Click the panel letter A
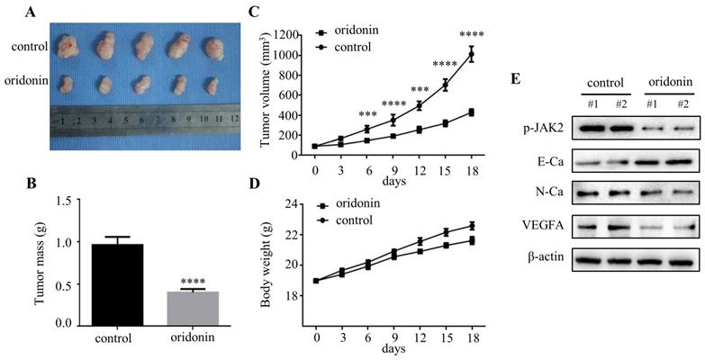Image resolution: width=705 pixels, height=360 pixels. tap(32, 12)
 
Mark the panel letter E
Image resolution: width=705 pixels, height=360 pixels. tap(515, 80)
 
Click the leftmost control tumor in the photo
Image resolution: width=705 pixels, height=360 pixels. tap(67, 49)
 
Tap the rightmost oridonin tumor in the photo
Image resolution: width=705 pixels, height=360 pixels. tap(212, 85)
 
